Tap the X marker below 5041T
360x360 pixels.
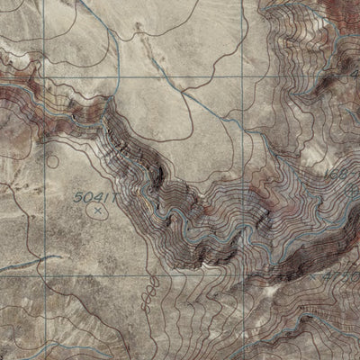(96, 211)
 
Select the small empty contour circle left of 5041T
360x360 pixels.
(53, 163)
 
